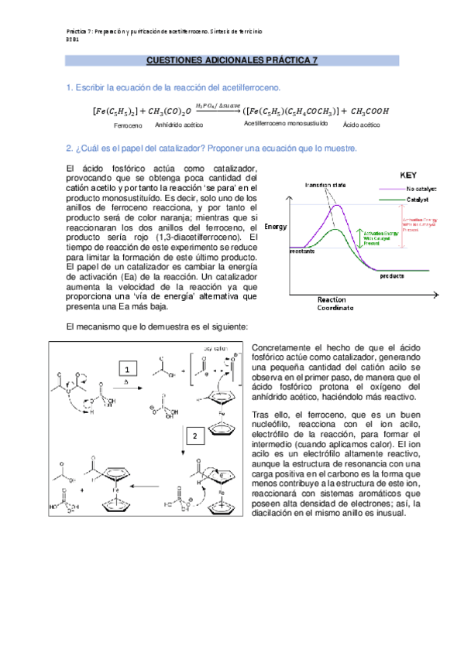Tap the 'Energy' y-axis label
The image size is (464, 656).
[276, 227]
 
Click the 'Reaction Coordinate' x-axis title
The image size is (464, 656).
[335, 303]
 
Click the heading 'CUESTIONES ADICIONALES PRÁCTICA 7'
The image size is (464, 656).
[232, 60]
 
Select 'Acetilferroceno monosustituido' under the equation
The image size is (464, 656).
[286, 124]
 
